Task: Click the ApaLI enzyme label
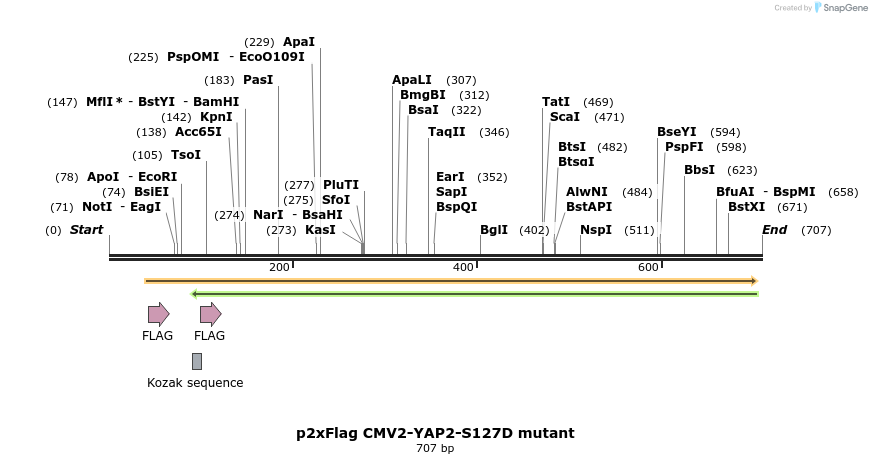[x=412, y=80]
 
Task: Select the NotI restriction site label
[x=97, y=207]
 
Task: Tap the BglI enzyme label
[x=494, y=230]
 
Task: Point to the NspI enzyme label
[x=596, y=230]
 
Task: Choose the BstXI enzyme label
[x=747, y=207]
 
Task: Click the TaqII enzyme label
[x=447, y=132]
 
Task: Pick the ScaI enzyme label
[x=565, y=117]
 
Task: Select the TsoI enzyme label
[x=186, y=155]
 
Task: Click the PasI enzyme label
[x=258, y=80]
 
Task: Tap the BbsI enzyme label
[x=699, y=170]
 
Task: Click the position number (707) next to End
[x=816, y=230]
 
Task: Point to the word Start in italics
[x=86, y=230]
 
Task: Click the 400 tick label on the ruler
[x=463, y=267]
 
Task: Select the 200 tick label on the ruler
[x=279, y=267]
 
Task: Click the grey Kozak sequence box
[x=197, y=361]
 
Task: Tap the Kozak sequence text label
[x=195, y=383]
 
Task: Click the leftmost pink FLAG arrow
[x=158, y=314]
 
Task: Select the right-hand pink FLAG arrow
[x=210, y=314]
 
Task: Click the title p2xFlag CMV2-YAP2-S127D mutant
[x=435, y=433]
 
